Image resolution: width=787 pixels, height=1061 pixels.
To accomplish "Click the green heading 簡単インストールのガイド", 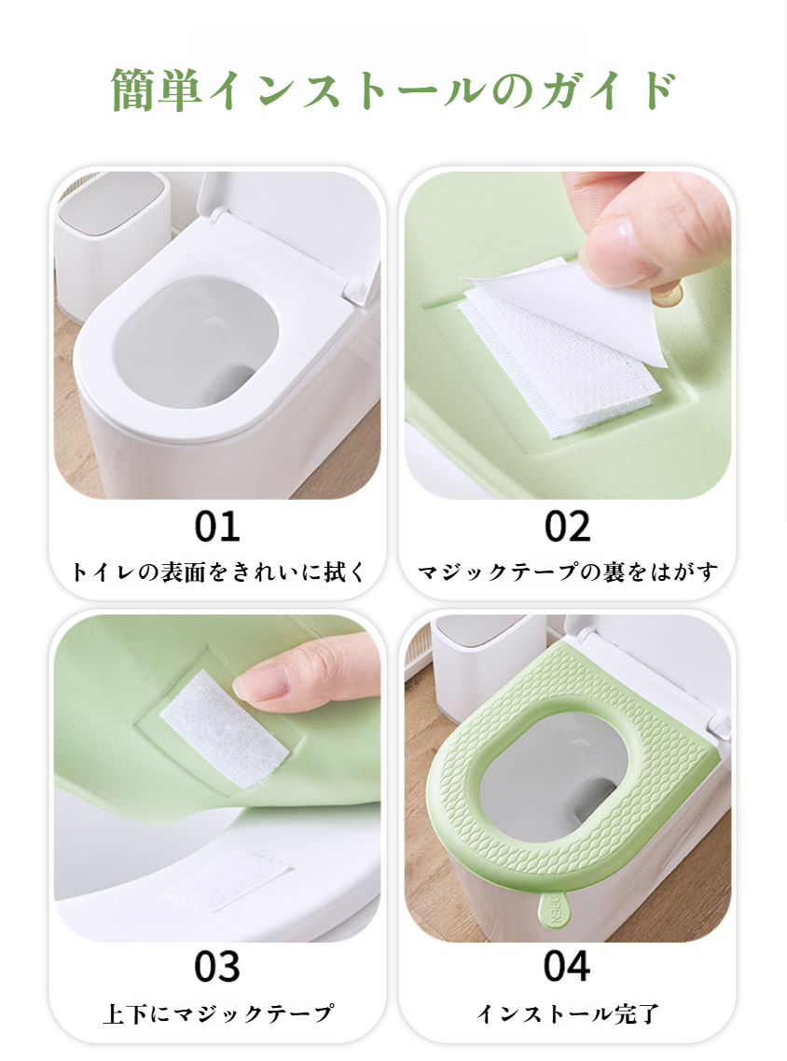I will tap(393, 90).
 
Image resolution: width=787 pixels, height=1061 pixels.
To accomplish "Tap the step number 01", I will tap(217, 527).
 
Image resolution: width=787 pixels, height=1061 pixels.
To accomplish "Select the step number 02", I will tap(568, 527).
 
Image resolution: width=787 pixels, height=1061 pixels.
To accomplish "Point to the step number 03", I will tap(217, 967).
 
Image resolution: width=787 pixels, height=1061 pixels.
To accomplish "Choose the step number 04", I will tap(567, 967).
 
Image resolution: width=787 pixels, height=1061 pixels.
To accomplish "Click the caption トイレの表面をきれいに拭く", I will tap(218, 572).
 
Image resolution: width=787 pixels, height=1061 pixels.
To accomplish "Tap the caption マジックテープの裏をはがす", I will tap(568, 572).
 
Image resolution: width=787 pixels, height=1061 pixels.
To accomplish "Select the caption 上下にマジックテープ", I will tap(217, 1013).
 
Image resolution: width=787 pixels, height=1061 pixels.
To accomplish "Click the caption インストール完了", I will tap(568, 1013).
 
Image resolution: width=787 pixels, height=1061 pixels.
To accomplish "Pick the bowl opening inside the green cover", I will tap(559, 779).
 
